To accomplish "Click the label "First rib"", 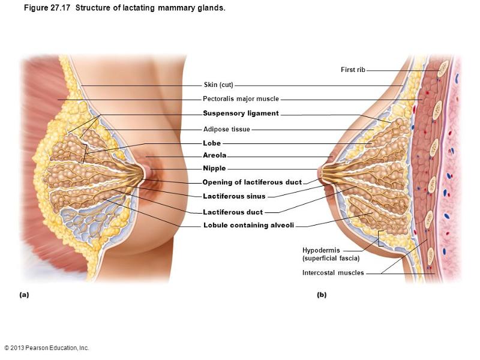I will (353, 70).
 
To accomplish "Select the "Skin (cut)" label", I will (218, 85).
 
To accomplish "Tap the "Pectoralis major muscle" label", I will (241, 99).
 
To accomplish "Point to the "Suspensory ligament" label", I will (241, 113).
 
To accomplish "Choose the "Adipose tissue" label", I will (227, 130).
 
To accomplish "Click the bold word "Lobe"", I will (212, 143).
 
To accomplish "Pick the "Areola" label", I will (215, 156).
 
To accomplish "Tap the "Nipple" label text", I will (214, 169).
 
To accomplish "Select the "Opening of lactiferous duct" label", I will (252, 182).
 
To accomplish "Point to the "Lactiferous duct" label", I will (233, 212).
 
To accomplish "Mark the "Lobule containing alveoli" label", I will (248, 226).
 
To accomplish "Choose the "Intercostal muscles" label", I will (333, 274).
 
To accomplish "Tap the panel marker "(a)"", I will (24, 295).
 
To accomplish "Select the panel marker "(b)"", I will (322, 295).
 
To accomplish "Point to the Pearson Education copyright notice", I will (46, 348).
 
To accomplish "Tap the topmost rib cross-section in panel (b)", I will (443, 68).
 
